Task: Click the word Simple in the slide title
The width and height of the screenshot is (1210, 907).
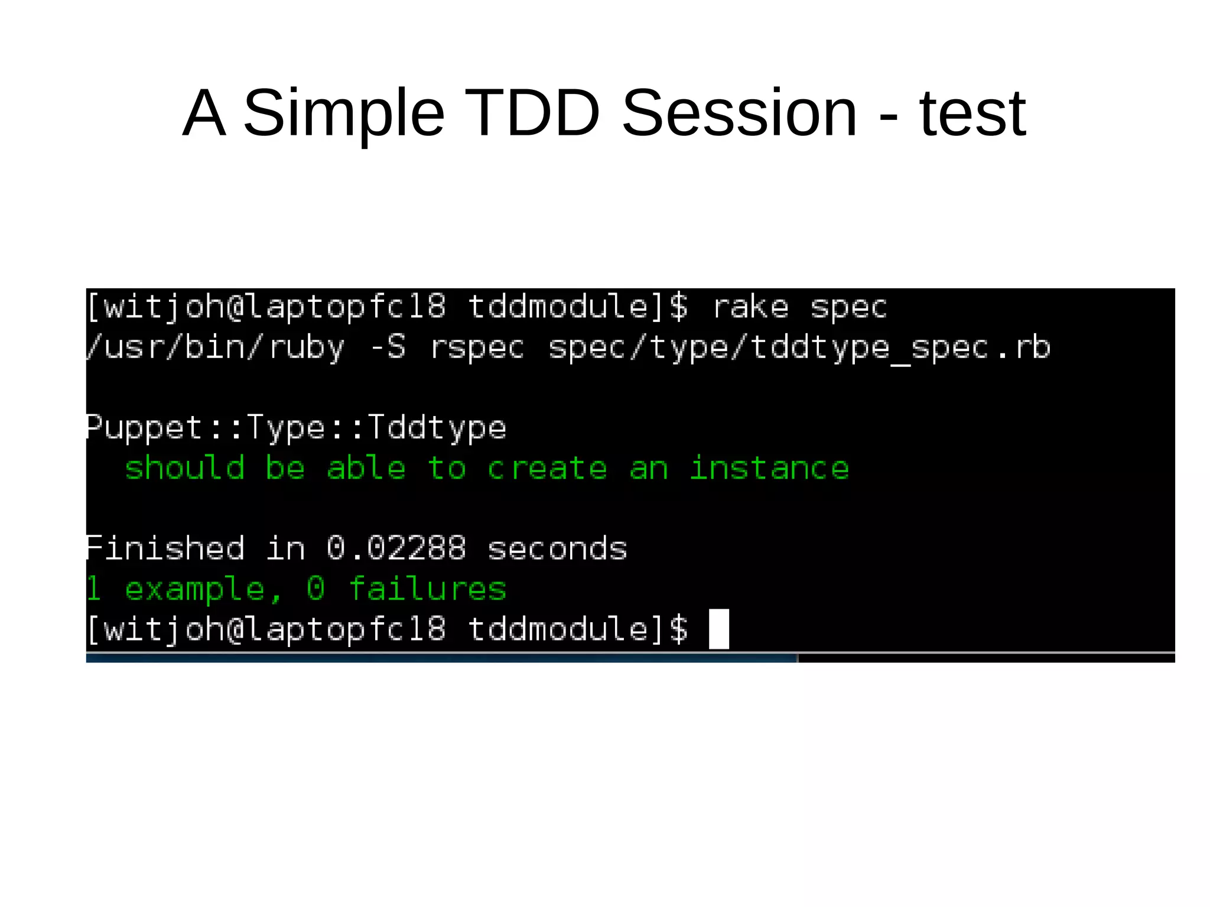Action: point(344,113)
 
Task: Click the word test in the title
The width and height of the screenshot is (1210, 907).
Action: point(972,113)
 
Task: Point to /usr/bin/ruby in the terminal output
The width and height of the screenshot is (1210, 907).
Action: point(215,347)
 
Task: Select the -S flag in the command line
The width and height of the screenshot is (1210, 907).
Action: point(388,347)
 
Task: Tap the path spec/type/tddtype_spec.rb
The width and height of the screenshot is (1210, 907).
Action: point(799,348)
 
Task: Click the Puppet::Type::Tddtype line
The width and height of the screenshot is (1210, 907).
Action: point(296,428)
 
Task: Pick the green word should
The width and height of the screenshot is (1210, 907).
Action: point(185,468)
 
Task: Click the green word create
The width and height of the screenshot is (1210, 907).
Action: point(547,469)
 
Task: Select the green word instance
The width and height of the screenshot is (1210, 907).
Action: point(769,468)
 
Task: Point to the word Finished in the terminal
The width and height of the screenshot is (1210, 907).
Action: point(165,548)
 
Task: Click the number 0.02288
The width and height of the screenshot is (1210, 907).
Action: point(396,548)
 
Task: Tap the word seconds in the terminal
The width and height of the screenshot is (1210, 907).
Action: point(557,549)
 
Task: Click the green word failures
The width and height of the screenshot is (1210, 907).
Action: point(428,589)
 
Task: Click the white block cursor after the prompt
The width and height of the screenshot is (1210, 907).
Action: point(719,629)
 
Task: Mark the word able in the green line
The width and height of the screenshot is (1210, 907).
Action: point(366,468)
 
